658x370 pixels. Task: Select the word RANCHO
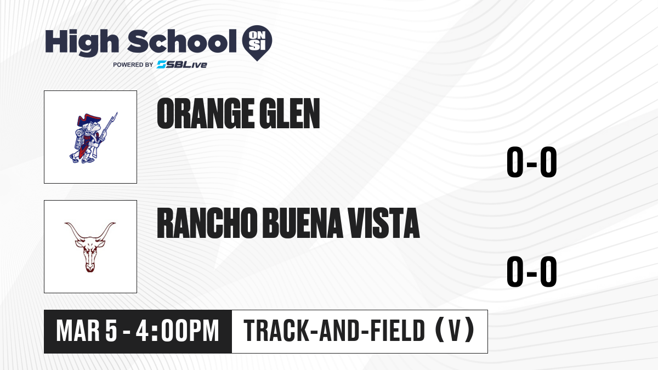(x=207, y=223)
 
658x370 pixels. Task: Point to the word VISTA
(x=384, y=223)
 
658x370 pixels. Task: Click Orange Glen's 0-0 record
(x=532, y=162)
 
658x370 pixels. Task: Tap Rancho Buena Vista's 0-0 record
(x=532, y=272)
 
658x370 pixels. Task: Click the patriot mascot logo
(x=93, y=138)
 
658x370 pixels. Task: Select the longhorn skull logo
(x=90, y=247)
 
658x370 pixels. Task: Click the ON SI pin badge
(x=257, y=43)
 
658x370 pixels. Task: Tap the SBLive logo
(x=182, y=64)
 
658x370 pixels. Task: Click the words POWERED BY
(x=133, y=65)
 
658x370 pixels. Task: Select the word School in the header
(x=182, y=41)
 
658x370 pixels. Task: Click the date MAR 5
(x=87, y=331)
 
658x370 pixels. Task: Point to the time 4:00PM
(x=178, y=331)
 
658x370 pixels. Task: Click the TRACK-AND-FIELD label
(x=334, y=331)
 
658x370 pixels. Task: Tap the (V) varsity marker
(x=455, y=331)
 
